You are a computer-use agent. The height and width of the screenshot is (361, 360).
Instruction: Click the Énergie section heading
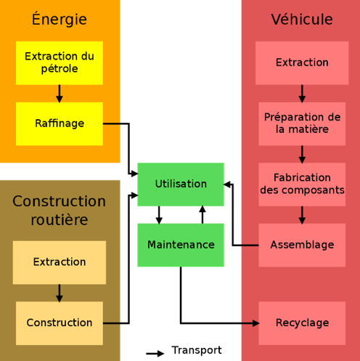[x=60, y=19]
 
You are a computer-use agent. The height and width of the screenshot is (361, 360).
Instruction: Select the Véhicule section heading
[x=302, y=20]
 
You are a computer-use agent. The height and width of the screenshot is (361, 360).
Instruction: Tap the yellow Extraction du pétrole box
[x=60, y=63]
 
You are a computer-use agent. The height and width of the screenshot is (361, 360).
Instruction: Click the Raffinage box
[x=60, y=123]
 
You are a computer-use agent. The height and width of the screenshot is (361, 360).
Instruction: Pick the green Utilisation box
[x=181, y=184]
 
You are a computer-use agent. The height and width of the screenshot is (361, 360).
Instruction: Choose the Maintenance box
[x=181, y=245]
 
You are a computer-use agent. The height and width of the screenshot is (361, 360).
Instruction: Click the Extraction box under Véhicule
[x=302, y=63]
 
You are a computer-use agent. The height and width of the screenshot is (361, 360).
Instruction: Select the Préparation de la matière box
[x=302, y=123]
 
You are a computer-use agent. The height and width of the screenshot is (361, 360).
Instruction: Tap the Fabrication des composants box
[x=302, y=184]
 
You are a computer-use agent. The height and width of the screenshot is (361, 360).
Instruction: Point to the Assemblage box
[x=302, y=245]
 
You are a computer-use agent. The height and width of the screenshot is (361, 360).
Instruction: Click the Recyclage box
[x=302, y=323]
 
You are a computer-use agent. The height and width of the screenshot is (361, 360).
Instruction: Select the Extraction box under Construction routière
[x=60, y=262]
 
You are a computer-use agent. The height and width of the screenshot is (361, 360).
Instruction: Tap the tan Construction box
[x=60, y=323]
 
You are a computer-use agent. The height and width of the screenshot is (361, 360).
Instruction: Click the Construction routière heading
[x=60, y=210]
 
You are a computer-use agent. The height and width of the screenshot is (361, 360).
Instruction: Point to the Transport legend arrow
[x=155, y=354]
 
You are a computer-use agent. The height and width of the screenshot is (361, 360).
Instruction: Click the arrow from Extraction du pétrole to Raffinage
[x=60, y=94]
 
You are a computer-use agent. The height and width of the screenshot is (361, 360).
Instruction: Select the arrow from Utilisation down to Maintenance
[x=159, y=215]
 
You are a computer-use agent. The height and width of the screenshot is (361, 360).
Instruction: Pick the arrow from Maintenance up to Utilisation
[x=202, y=215]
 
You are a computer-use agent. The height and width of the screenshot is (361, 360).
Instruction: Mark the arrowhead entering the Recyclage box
[x=255, y=323]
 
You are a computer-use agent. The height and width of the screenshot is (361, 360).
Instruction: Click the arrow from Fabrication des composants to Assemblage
[x=302, y=215]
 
